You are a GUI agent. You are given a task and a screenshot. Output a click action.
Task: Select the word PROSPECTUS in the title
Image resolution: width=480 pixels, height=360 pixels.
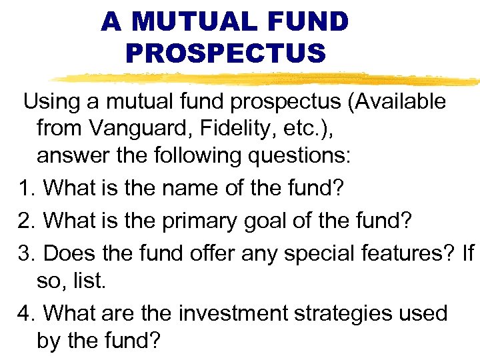pyautogui.click(x=225, y=53)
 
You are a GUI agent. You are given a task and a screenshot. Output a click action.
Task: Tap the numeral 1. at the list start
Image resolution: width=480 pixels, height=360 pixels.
pyautogui.click(x=27, y=188)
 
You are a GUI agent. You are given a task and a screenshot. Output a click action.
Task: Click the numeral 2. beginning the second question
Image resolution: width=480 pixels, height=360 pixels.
pyautogui.click(x=27, y=221)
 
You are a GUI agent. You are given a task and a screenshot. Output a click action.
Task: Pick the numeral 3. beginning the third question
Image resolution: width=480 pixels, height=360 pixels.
pyautogui.click(x=27, y=253)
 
